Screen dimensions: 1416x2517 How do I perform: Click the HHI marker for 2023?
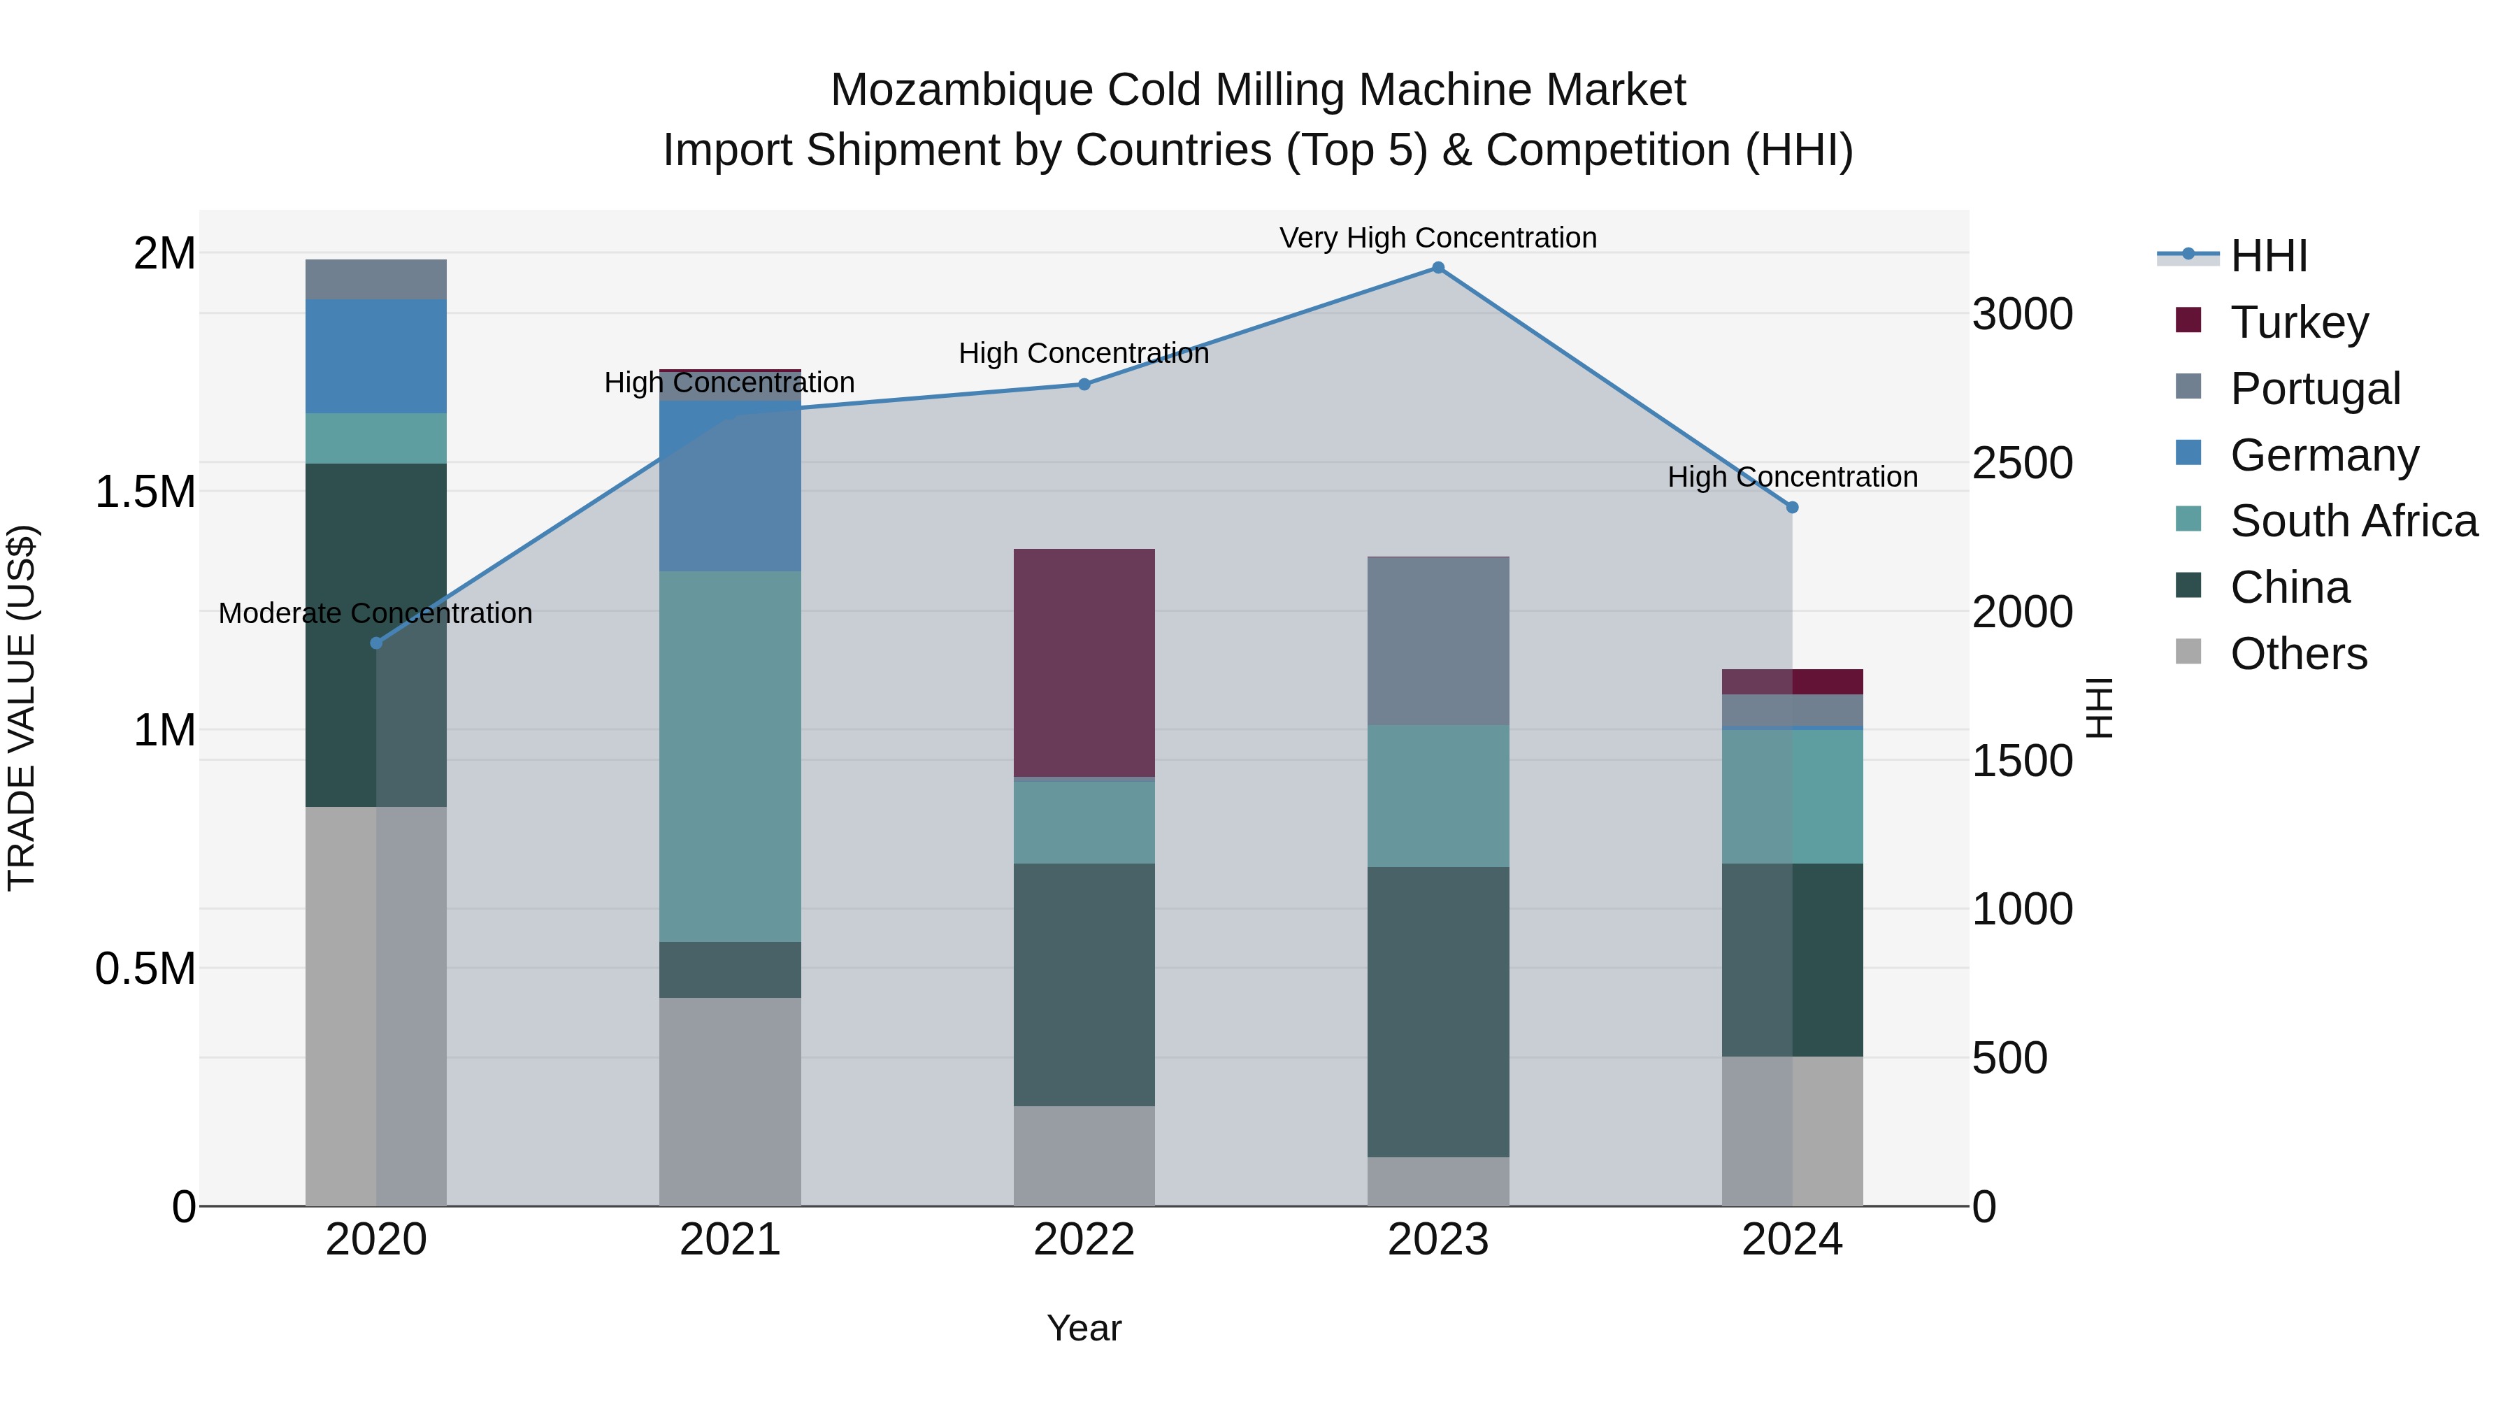(x=1437, y=268)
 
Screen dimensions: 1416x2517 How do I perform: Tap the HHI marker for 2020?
(x=376, y=643)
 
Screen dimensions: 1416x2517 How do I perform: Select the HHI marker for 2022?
(x=1084, y=384)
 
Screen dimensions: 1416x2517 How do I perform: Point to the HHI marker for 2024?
(x=1792, y=507)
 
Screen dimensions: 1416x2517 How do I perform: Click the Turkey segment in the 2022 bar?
(x=1084, y=663)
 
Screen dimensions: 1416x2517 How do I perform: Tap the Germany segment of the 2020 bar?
(x=376, y=356)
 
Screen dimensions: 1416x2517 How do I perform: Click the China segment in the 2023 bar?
(x=1437, y=1011)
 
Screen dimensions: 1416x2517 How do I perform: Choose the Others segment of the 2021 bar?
(x=730, y=1101)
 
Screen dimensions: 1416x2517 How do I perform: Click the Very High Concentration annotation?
(x=1437, y=238)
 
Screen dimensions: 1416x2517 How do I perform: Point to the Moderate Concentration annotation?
(x=375, y=613)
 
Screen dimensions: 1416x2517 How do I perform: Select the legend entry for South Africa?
(x=2353, y=521)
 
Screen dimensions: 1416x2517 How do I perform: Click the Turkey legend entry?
(x=2298, y=322)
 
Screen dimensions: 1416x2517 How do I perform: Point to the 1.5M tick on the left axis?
(x=145, y=492)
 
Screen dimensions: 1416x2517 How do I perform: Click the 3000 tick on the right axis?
(x=2021, y=315)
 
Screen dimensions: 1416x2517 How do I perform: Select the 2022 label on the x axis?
(x=1084, y=1240)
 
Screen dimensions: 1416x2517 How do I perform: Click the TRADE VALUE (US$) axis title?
(x=22, y=708)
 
